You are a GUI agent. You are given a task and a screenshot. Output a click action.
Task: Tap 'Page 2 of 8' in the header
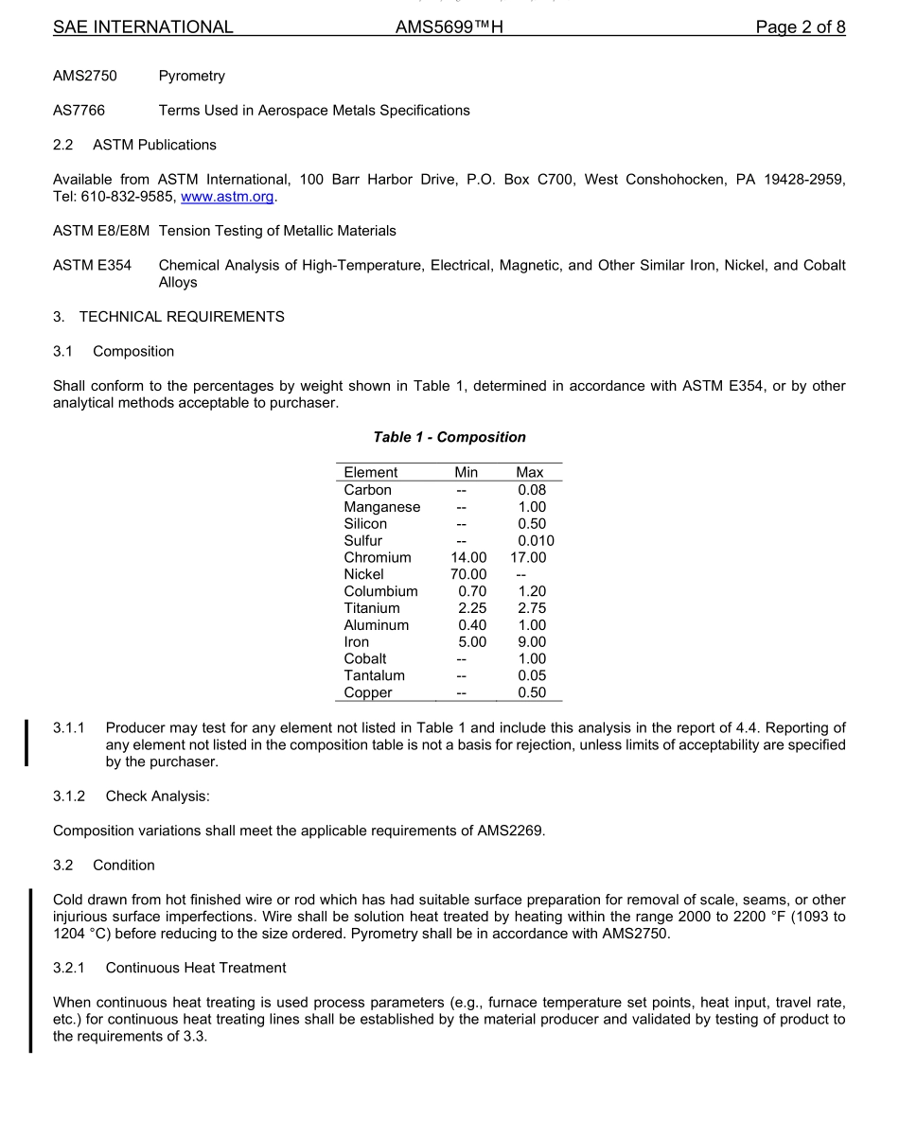pos(800,27)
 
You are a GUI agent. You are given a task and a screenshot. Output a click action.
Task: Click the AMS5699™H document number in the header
pos(449,27)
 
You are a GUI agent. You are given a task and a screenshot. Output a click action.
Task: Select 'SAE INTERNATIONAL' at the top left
pos(143,27)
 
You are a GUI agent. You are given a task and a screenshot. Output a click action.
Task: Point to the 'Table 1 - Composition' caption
pos(449,437)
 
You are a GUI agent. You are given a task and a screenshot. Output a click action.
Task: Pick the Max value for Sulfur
pos(536,541)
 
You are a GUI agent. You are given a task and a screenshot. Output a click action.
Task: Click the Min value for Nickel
pos(468,574)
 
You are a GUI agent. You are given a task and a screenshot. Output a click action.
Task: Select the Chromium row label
pos(378,558)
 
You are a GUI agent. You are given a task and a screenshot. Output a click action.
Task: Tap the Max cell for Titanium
pos(531,608)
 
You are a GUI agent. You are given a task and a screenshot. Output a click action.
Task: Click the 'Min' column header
pos(467,472)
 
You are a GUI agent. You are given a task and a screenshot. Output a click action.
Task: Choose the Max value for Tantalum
pos(531,675)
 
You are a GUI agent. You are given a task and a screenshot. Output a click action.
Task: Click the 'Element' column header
pos(371,472)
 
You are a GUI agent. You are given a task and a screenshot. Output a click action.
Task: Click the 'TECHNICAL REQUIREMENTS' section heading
pos(182,317)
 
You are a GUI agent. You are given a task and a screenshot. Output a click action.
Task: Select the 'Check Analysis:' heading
pos(157,796)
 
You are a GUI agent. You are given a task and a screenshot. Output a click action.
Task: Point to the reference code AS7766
pos(79,111)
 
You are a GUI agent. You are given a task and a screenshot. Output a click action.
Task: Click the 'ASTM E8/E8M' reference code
pos(101,231)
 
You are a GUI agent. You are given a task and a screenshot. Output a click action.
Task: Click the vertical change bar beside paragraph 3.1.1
pos(27,743)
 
